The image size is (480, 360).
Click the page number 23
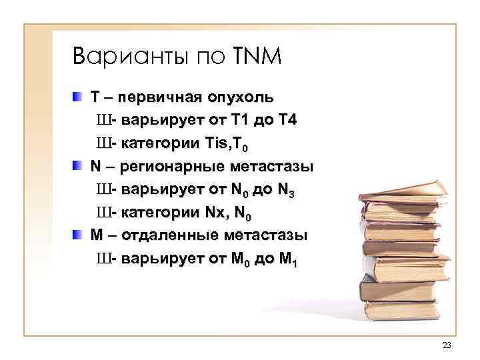pyautogui.click(x=446, y=345)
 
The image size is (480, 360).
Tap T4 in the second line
pyautogui.click(x=285, y=121)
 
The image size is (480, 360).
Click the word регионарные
pyautogui.click(x=173, y=167)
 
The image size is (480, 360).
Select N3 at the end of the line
pyautogui.click(x=284, y=191)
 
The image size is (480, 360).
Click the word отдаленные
pyautogui.click(x=174, y=237)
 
